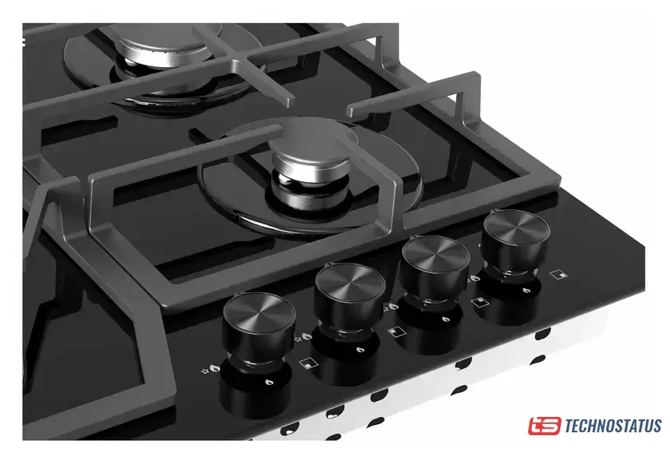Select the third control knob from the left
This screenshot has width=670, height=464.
click(x=434, y=269)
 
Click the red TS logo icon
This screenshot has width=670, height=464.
click(x=544, y=426)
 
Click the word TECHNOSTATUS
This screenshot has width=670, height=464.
click(x=613, y=426)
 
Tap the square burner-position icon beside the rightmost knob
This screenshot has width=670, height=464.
click(x=558, y=274)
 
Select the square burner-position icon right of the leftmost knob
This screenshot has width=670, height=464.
click(x=307, y=363)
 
